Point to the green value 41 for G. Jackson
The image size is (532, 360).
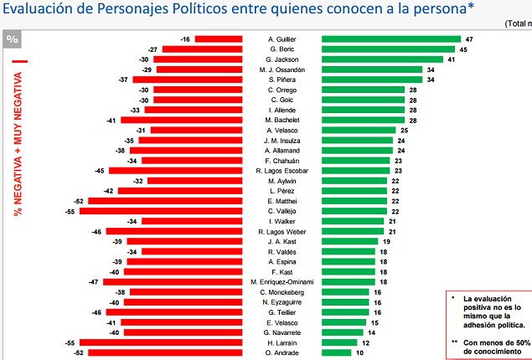451,59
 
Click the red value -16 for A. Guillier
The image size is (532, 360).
185,39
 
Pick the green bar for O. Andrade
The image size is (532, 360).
336,352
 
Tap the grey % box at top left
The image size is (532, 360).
13,39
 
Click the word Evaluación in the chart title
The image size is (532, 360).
39,10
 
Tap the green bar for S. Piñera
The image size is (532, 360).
372,80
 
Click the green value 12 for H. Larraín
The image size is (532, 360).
366,342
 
